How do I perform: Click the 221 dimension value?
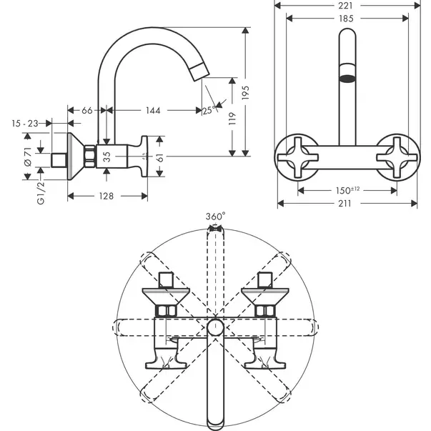pos(345,6)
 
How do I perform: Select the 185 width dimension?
pos(346,19)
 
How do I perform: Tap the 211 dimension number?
pos(345,204)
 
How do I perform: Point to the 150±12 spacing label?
pos(347,190)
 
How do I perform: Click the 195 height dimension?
pos(246,93)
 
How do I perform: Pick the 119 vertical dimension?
pos(232,119)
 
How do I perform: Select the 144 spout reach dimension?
pos(153,111)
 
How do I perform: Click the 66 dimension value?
pos(87,111)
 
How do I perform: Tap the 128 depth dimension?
pos(106,196)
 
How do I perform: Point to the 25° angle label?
pos(209,111)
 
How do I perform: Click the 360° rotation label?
pos(216,217)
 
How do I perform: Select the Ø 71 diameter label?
pos(28,157)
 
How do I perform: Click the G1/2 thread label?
pos(41,193)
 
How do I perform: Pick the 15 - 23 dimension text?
pos(25,124)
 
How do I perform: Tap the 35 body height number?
pos(106,157)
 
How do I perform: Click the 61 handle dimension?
pos(161,158)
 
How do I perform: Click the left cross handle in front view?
pos(298,157)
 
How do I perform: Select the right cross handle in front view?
pos(397,157)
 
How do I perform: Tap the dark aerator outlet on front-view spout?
pos(347,79)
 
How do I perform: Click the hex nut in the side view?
pos(90,156)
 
